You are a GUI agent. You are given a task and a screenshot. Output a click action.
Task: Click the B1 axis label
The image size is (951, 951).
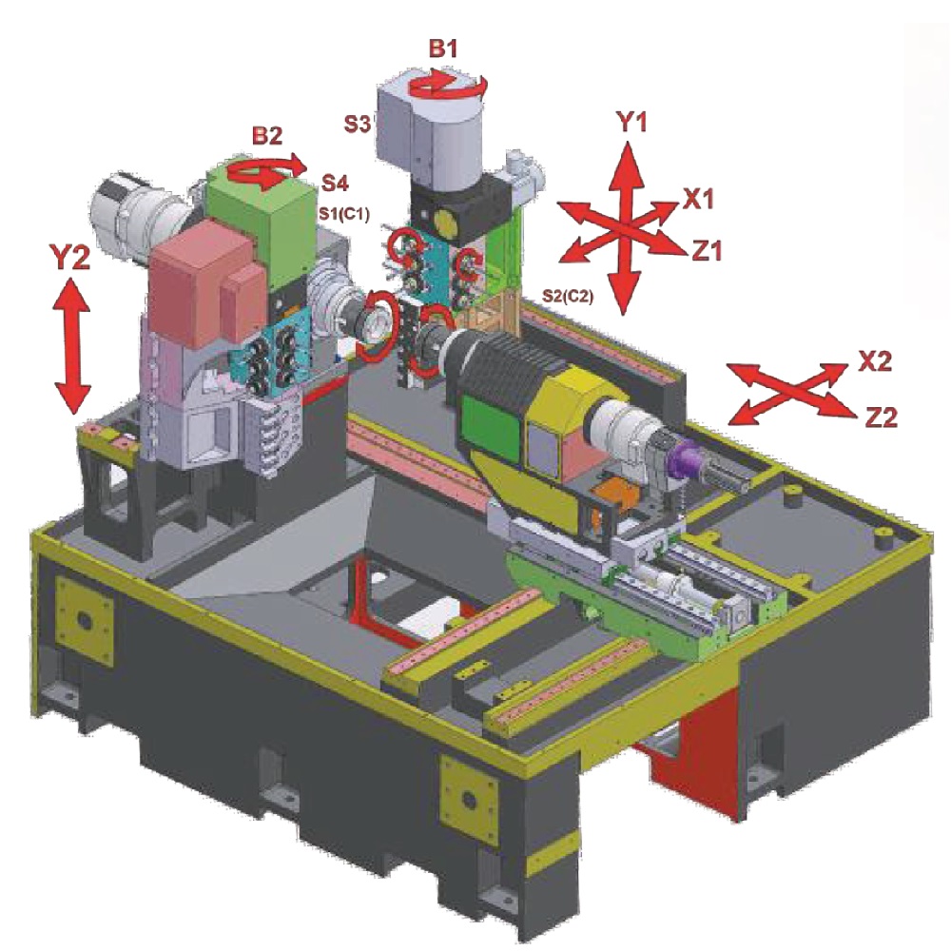click(x=443, y=49)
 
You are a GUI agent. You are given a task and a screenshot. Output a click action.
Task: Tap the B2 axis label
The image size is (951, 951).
click(x=267, y=136)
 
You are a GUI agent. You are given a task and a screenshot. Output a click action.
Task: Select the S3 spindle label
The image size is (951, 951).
click(x=358, y=124)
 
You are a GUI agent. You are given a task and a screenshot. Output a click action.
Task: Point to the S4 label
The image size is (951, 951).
click(x=335, y=183)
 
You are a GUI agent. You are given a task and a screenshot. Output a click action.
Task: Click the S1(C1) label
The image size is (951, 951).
click(x=344, y=213)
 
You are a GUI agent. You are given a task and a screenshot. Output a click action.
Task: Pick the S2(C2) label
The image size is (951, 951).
click(x=567, y=297)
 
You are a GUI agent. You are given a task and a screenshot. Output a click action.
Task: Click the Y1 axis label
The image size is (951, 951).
click(x=631, y=123)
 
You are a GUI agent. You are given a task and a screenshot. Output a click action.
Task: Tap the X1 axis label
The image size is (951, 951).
click(x=699, y=199)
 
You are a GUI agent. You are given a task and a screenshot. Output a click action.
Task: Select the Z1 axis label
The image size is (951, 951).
click(x=707, y=250)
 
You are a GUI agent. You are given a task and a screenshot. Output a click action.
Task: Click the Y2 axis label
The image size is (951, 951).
click(x=69, y=259)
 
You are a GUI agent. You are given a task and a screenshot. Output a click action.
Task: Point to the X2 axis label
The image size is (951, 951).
click(x=875, y=361)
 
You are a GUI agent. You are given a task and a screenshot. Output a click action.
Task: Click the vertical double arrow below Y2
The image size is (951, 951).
click(x=73, y=346)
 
